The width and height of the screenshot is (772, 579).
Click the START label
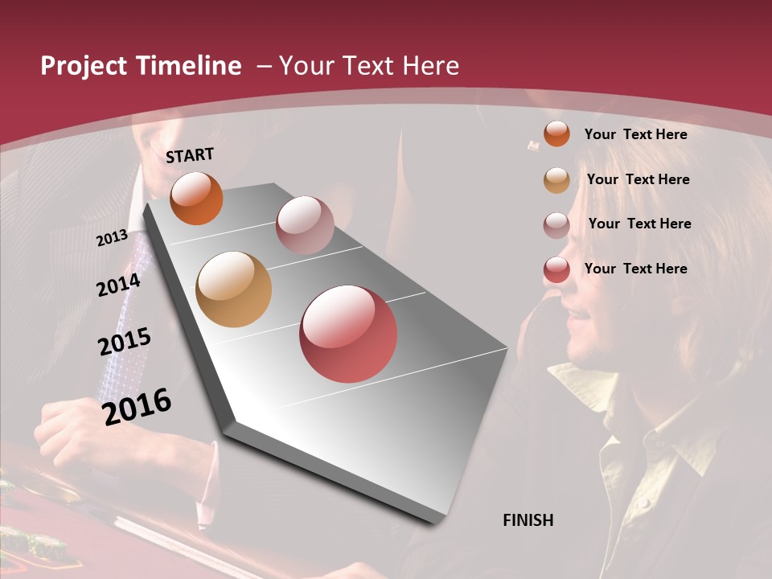(x=190, y=155)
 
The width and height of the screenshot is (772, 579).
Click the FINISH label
(x=528, y=520)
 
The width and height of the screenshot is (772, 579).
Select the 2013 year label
(x=112, y=238)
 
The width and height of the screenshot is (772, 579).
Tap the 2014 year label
(x=119, y=285)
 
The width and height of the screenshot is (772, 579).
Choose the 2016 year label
(x=137, y=406)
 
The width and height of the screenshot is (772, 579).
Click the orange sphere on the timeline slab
(x=196, y=198)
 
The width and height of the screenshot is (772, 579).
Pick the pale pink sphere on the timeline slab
(x=305, y=225)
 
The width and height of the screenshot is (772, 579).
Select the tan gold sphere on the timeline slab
(x=234, y=289)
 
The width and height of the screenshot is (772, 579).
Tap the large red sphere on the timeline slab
(x=348, y=334)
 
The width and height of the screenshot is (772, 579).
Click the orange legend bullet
(x=556, y=134)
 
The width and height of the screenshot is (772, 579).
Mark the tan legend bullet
(x=556, y=180)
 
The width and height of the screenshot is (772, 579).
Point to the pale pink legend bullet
(x=556, y=225)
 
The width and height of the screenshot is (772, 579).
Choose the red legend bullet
(x=556, y=270)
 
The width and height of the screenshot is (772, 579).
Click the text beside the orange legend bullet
(x=635, y=134)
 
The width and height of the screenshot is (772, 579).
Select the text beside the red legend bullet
(x=635, y=269)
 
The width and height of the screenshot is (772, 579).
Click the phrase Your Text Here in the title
(x=368, y=66)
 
